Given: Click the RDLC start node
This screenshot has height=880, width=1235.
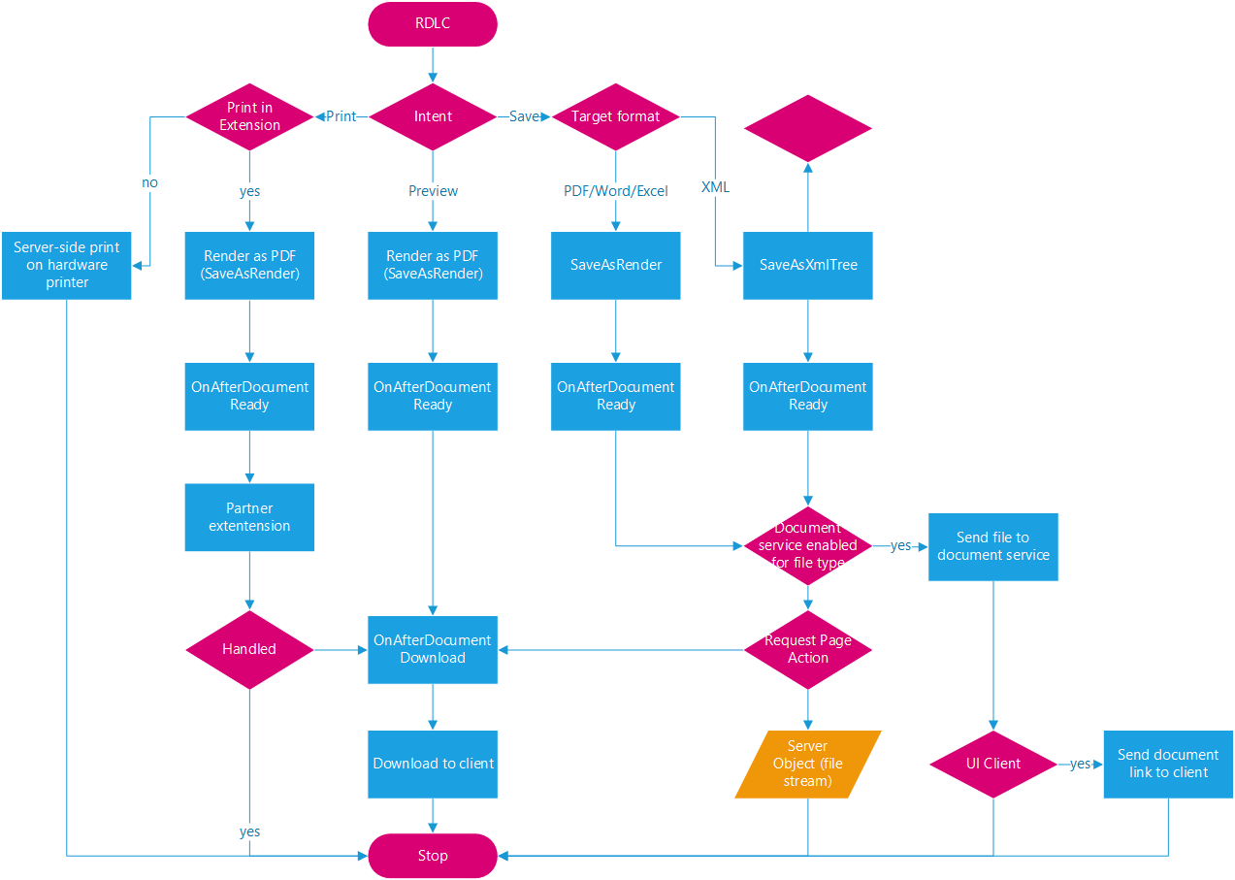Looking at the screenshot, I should pos(433,23).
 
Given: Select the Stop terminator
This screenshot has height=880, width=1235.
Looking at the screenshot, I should pos(433,856).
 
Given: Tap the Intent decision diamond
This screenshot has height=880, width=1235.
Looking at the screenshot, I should pos(433,116).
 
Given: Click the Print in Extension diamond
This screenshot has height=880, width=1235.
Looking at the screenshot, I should pos(249,116).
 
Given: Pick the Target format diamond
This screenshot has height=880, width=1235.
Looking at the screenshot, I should pos(616,116).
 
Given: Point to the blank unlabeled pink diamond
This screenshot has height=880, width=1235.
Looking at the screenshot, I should pos(808,128).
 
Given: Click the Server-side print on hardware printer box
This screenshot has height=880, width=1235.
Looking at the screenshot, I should pos(66,265).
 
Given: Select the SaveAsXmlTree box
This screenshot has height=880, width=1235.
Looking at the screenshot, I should pos(808,265).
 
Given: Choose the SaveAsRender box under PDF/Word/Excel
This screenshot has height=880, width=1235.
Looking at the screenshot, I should pos(616,265).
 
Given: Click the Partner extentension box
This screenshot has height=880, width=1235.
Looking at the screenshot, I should pos(249,517).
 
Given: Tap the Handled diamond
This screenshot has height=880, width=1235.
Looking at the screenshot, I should pos(249,649).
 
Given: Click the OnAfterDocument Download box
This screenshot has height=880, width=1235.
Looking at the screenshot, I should pos(433,649).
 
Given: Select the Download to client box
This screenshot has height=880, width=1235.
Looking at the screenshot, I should pos(433,764).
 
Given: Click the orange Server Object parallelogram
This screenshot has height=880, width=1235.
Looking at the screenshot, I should pos(808,764).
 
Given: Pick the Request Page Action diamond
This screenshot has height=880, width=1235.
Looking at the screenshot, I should pos(808,649).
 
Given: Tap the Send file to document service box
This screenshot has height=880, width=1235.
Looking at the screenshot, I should pos(992,546).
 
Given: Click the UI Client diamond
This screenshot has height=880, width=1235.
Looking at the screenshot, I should pos(993,764).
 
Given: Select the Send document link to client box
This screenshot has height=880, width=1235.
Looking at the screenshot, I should pos(1168,764).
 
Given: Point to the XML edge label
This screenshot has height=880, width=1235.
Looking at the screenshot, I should pos(715,187).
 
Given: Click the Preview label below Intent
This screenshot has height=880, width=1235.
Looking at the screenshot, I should pos(433,191).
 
